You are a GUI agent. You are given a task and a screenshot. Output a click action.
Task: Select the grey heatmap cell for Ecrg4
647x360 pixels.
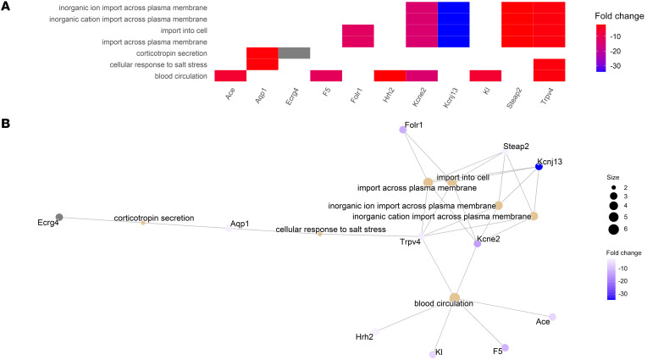click(x=294, y=53)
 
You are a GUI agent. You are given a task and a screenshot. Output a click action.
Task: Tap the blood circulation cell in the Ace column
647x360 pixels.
click(x=230, y=75)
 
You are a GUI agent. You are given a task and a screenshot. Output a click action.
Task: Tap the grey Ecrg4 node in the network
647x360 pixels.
click(x=58, y=218)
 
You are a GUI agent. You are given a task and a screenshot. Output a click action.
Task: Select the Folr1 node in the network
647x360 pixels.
click(x=404, y=130)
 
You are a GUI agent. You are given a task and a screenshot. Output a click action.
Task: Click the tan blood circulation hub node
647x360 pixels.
click(x=455, y=297)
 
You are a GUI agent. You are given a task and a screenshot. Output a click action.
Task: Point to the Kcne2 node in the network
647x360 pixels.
click(x=478, y=243)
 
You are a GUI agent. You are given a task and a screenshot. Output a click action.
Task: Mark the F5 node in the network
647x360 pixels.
click(x=505, y=347)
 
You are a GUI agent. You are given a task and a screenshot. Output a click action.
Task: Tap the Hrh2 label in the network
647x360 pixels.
click(x=365, y=336)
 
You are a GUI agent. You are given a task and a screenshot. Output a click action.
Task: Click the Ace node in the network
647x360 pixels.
click(x=552, y=317)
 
